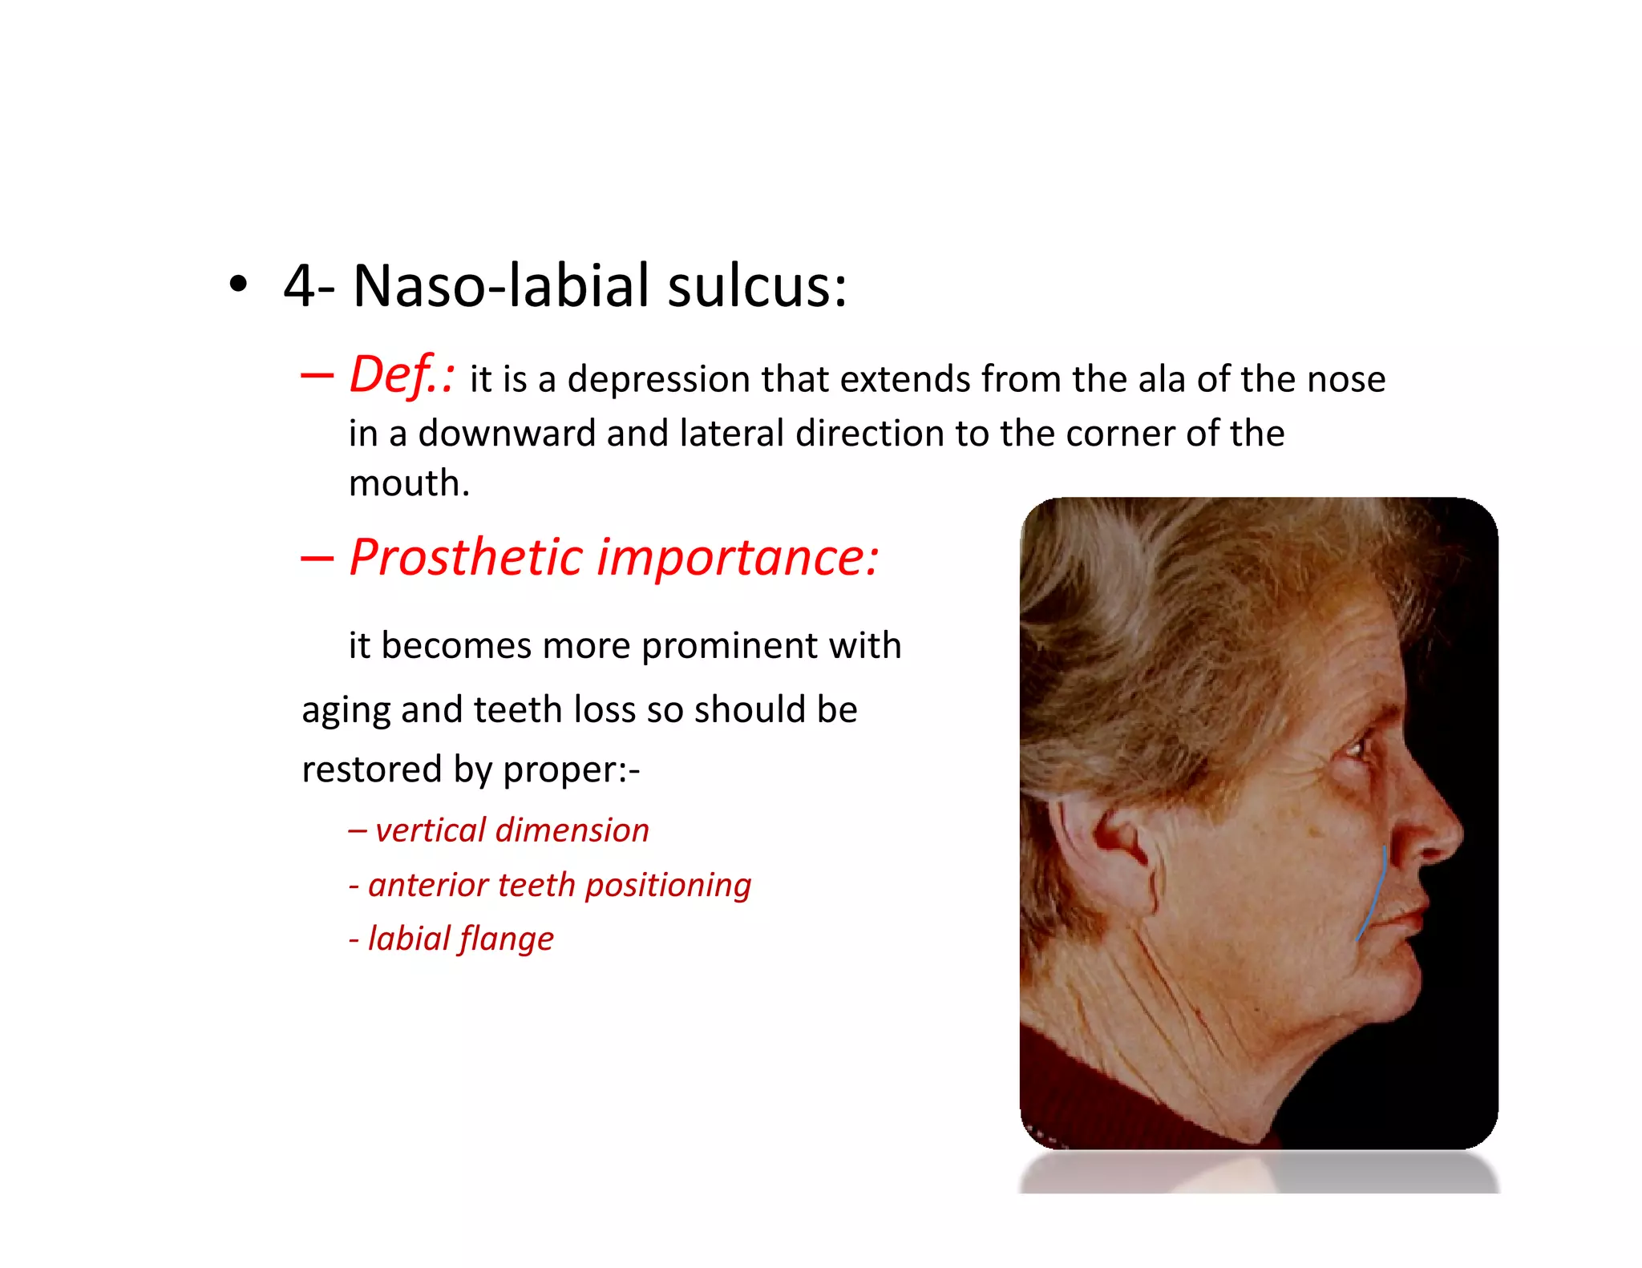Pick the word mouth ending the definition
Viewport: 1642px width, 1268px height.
point(408,483)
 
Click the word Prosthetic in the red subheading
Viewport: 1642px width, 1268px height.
point(466,557)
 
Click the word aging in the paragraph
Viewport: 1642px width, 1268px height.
point(346,711)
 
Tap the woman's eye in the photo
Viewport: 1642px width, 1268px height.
point(1354,749)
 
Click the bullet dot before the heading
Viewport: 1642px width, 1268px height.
point(237,285)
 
